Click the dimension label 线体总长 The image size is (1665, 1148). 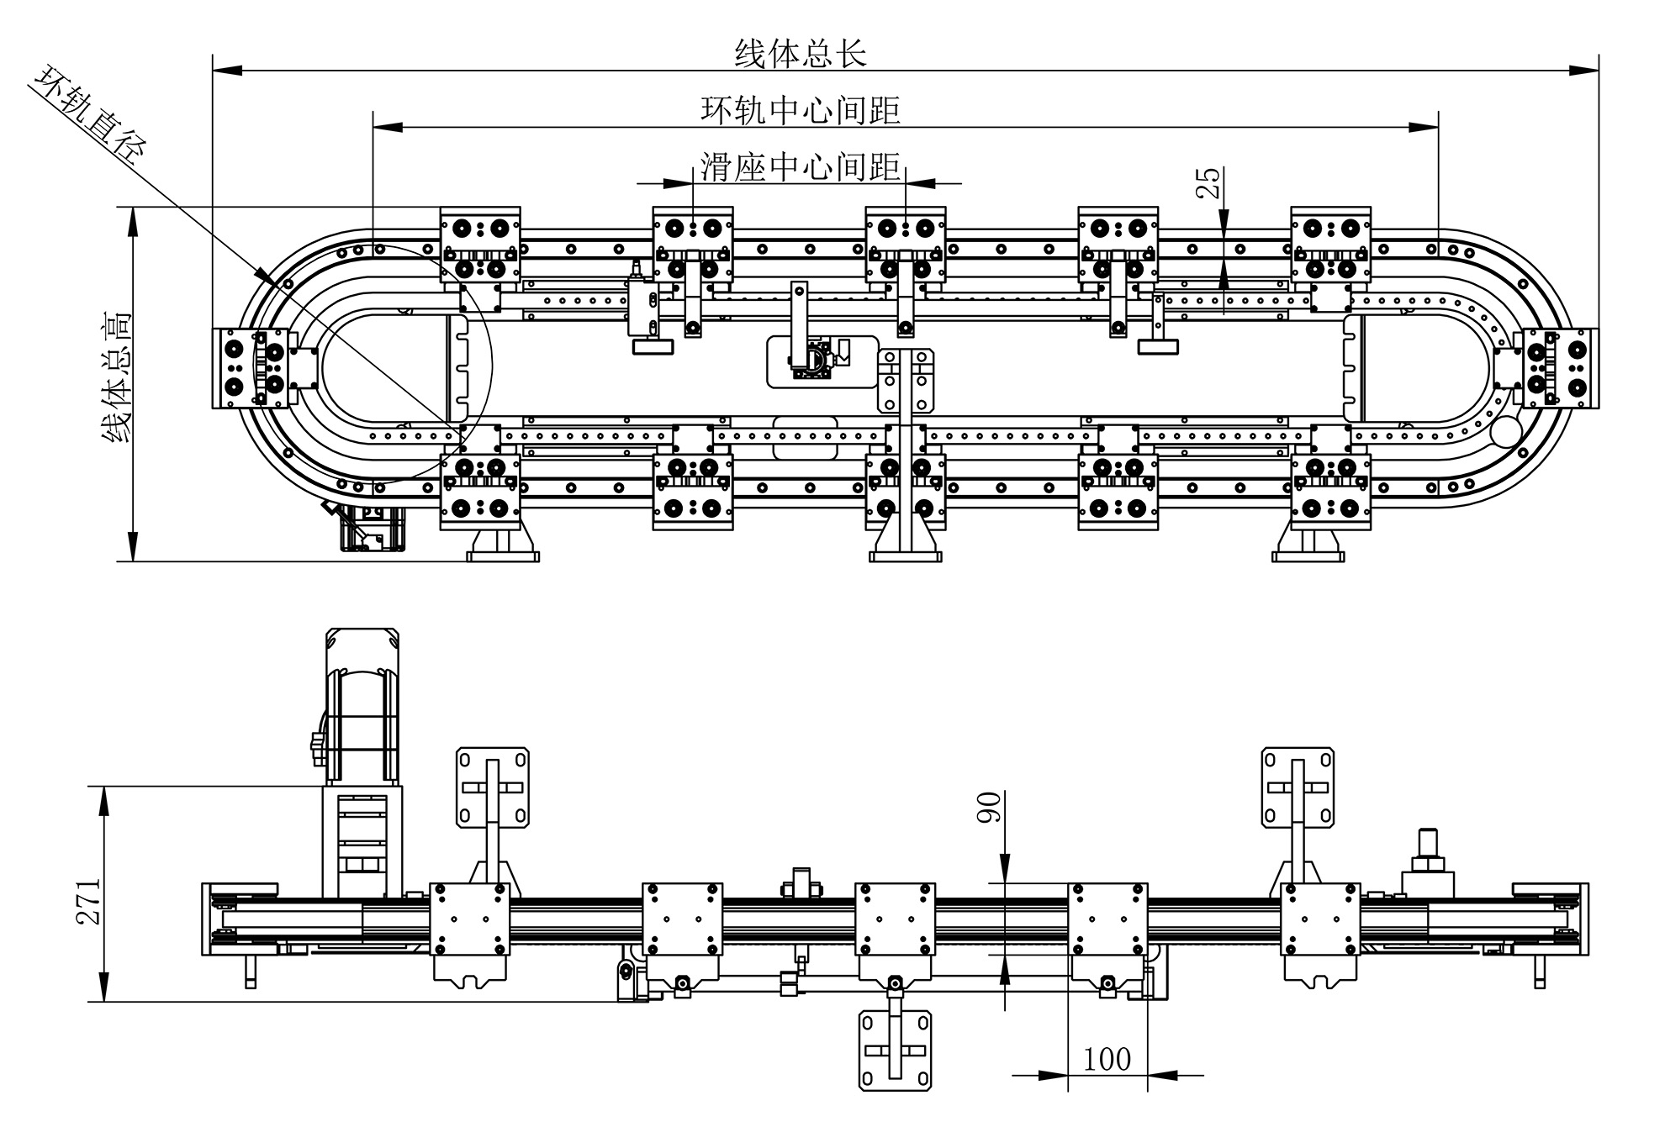tap(800, 54)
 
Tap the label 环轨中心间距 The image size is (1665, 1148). tap(800, 109)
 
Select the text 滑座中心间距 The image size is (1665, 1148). tap(800, 166)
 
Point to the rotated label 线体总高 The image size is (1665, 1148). tap(116, 377)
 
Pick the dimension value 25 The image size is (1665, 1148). tap(1208, 182)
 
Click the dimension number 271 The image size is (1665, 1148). tap(89, 901)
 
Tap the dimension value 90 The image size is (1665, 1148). tap(990, 808)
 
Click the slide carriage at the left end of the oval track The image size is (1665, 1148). tap(249, 368)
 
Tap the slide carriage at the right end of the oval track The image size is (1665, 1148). tap(1557, 368)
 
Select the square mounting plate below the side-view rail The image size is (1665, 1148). tap(896, 1051)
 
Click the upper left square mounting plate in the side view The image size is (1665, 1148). tap(493, 787)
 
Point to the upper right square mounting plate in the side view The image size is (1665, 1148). tap(1298, 787)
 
